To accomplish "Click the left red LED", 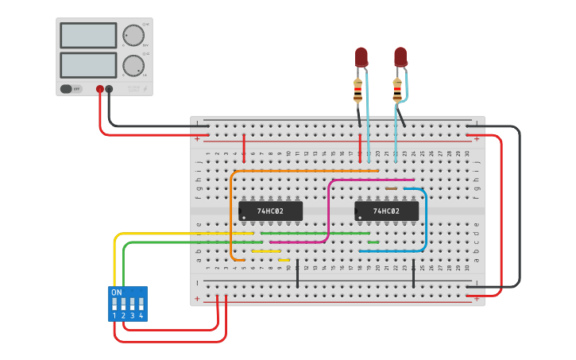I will (x=361, y=56).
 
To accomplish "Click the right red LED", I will (x=400, y=56).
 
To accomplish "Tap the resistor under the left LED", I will (x=358, y=91).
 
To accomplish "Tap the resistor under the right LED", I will (x=397, y=91).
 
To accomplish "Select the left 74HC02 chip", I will (x=270, y=211).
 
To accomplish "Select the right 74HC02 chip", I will (x=386, y=211).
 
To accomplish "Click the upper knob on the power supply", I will (x=133, y=36).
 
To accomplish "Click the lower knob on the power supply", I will (x=133, y=65).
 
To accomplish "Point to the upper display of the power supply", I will (x=88, y=35).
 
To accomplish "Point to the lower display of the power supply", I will (x=88, y=64).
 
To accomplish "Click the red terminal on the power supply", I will (x=100, y=90).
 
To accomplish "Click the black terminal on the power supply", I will (x=109, y=90).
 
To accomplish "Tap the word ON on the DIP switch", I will (x=117, y=292).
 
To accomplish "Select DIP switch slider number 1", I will (x=114, y=304).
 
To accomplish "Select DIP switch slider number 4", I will (x=141, y=304).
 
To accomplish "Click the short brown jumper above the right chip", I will (x=391, y=188).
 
